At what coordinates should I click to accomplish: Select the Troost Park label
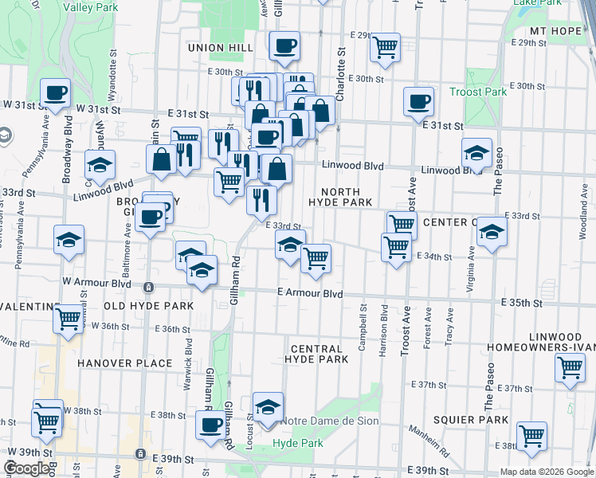pos(484,92)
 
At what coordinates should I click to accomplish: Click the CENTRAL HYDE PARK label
pos(316,354)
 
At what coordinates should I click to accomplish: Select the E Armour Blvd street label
pos(310,293)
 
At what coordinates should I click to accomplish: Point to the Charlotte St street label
pos(340,73)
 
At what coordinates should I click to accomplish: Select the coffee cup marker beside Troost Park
pos(418,101)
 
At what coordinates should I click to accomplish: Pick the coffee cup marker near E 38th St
pos(211,424)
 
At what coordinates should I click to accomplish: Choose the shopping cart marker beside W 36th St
pos(69,318)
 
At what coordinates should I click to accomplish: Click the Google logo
pos(28,468)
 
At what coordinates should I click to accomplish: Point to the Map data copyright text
pos(547,472)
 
